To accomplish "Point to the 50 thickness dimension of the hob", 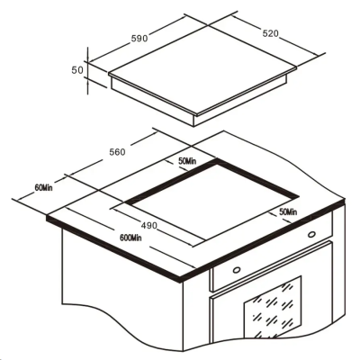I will pyautogui.click(x=77, y=69).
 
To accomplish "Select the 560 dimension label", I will pyautogui.click(x=116, y=152).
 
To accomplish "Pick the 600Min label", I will pyautogui.click(x=130, y=238).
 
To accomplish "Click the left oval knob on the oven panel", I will pyautogui.click(x=236, y=268).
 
